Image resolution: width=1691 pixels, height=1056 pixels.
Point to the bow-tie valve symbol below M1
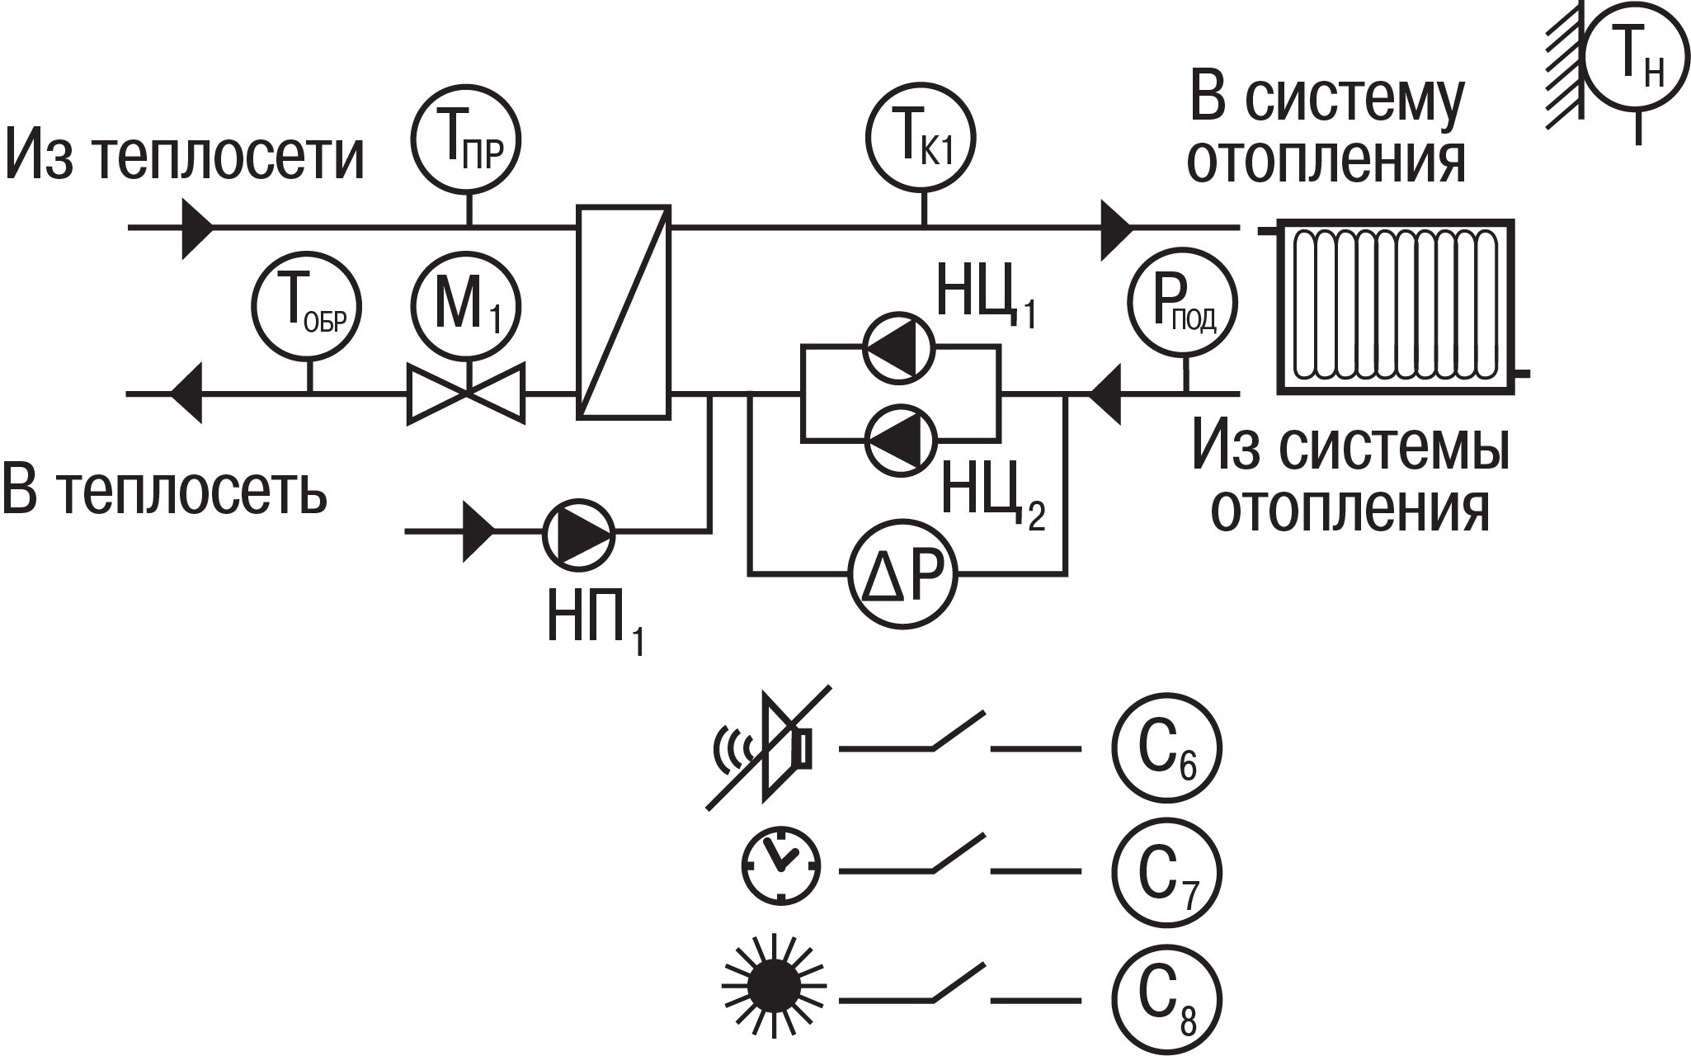pos(467,394)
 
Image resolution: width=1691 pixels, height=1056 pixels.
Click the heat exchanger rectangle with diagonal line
pos(624,312)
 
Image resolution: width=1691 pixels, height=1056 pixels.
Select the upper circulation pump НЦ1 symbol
pos(899,347)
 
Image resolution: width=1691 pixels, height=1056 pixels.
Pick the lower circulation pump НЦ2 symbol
pos(899,440)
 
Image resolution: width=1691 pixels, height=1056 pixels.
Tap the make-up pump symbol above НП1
pos(578,534)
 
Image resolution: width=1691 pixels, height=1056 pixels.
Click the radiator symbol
pos(1394,305)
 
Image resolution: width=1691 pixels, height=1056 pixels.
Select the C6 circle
pos(1166,748)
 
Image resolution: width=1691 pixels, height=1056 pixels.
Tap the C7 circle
pos(1166,871)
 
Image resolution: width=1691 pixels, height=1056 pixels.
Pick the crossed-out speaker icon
pos(767,747)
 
